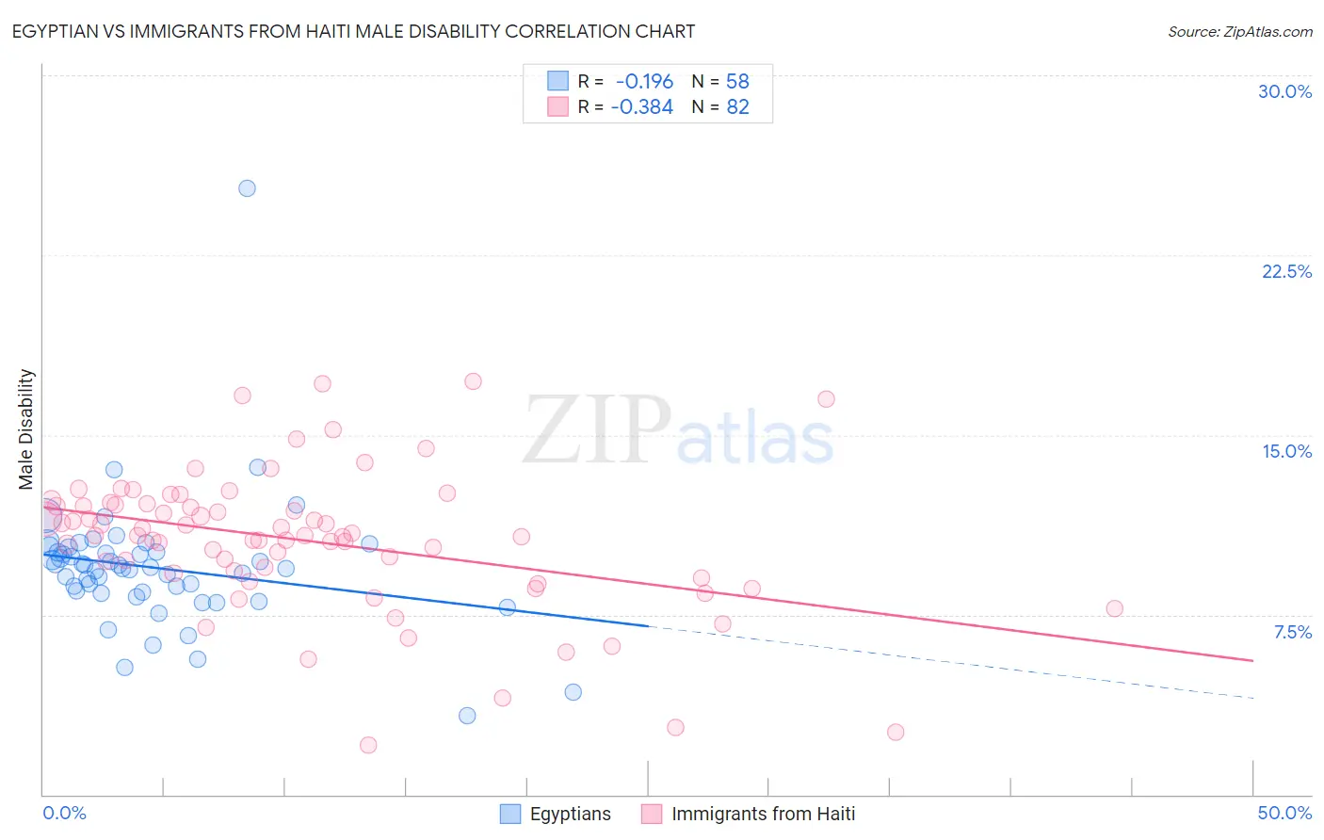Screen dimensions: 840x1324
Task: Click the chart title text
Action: pos(353,32)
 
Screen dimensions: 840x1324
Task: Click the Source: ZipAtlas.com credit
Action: pos(1239,32)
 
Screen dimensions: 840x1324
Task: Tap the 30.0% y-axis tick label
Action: pos(1284,91)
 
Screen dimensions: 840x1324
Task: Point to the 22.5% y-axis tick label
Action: pos(1286,271)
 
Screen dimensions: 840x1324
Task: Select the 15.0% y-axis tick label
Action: pos(1286,451)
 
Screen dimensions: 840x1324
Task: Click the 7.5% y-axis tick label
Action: pos(1292,632)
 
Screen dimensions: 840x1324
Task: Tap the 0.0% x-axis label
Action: pos(64,813)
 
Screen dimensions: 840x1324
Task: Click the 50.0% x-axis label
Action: pos(1284,813)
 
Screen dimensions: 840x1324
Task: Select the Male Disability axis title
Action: pos(26,428)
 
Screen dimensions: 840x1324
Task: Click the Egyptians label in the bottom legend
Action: pos(570,814)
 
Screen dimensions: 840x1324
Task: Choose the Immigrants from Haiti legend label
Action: pos(763,814)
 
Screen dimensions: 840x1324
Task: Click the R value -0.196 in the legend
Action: pos(644,82)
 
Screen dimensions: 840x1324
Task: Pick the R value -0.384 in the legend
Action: pos(642,107)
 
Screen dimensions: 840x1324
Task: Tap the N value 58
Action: pos(737,82)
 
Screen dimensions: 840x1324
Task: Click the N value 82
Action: pos(737,107)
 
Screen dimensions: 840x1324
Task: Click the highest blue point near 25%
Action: pos(247,188)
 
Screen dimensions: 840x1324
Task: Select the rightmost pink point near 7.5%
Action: pos(1114,608)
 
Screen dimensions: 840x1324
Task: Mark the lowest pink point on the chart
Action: pos(368,745)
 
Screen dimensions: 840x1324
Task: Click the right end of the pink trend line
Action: pos(1252,660)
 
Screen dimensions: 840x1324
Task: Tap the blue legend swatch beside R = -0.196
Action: pos(558,82)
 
